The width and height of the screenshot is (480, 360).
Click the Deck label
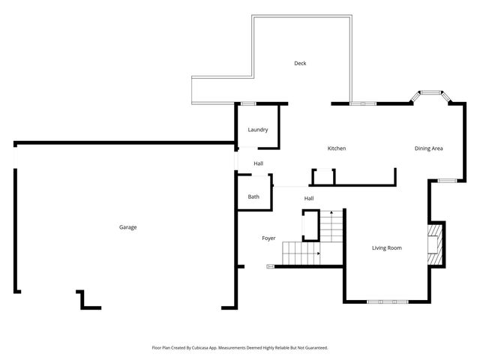click(300, 64)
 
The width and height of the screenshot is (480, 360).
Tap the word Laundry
click(258, 130)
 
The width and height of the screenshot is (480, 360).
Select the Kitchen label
click(337, 148)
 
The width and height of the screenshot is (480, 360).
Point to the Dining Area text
click(428, 148)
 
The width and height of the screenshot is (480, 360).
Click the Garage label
click(127, 227)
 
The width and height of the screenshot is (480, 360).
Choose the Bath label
click(253, 197)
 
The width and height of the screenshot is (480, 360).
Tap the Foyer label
click(268, 238)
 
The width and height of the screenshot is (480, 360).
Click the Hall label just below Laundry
click(258, 163)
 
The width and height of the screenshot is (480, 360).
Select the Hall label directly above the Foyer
click(309, 199)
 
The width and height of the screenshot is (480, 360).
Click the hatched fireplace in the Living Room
click(434, 244)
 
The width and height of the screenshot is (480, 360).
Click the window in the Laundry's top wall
click(247, 103)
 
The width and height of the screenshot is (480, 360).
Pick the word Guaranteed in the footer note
click(312, 348)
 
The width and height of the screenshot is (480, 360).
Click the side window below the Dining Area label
click(446, 180)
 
